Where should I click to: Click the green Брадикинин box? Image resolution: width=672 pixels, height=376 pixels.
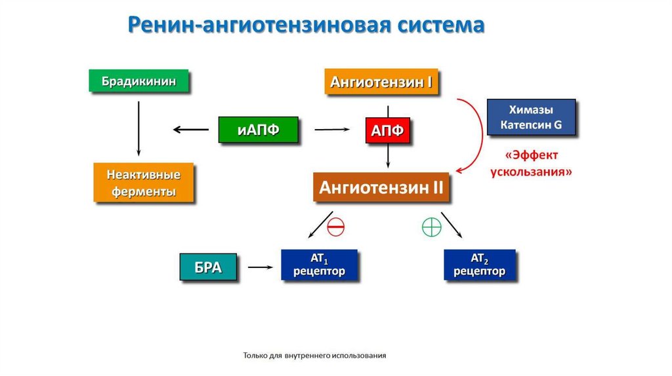[x=138, y=81]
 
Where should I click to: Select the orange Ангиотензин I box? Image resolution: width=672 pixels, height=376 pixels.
[x=381, y=83]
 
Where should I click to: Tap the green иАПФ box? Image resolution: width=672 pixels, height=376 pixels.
[x=258, y=129]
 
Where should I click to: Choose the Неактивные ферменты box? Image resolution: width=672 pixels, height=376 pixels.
[x=143, y=183]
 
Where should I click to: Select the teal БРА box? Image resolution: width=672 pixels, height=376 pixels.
[x=208, y=267]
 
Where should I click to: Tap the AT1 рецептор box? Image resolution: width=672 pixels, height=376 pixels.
[x=319, y=265]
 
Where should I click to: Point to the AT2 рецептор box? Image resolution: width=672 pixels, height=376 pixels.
[x=479, y=265]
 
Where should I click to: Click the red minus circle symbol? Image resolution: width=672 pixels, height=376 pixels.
[x=335, y=227]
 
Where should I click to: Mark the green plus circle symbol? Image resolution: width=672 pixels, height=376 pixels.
[x=430, y=227]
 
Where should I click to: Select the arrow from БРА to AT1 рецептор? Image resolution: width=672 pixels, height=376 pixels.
[x=260, y=267]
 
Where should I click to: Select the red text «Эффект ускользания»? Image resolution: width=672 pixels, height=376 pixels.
[x=532, y=164]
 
